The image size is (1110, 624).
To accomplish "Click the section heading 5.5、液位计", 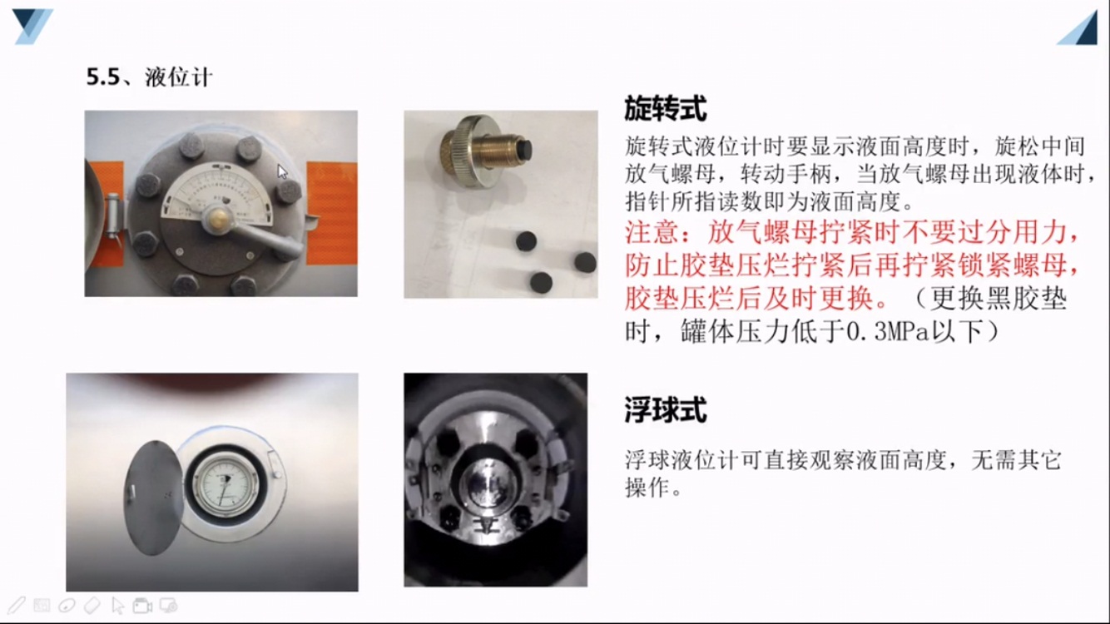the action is click(149, 77).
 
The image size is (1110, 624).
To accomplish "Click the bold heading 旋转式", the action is click(665, 108).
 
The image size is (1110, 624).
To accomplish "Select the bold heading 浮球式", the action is click(665, 410).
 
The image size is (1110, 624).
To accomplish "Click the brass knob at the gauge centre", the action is click(218, 216).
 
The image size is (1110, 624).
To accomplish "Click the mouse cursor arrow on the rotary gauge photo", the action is click(282, 171).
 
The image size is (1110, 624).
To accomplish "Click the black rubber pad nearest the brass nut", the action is click(526, 241).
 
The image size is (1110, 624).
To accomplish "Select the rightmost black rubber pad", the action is click(585, 262).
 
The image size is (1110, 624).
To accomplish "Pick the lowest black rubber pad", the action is click(541, 283).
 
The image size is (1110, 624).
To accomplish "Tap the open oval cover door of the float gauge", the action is click(153, 498).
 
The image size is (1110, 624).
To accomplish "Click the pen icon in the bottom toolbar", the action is click(16, 606).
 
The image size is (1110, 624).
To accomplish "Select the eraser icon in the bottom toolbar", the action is click(92, 606).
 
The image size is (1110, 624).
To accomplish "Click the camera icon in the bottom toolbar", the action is click(142, 606).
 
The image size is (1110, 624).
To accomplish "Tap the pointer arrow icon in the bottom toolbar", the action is click(118, 606).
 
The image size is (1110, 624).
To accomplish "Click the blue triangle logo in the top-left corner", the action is click(32, 25).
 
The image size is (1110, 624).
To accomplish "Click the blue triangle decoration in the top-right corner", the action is click(1078, 28).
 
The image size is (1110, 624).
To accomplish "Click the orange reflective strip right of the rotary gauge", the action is click(331, 213).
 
